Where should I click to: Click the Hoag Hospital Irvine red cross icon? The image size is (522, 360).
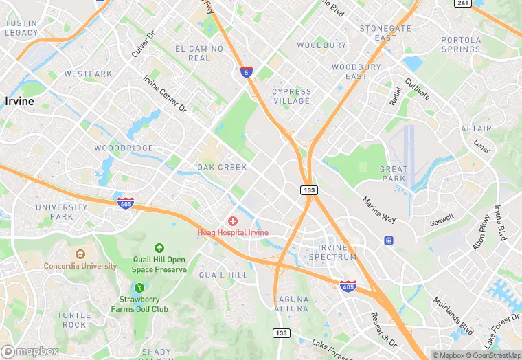tap(233, 221)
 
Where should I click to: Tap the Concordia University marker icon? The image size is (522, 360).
tap(80, 255)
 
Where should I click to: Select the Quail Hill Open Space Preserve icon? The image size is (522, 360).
tap(159, 248)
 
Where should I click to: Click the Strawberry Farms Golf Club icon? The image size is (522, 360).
tap(139, 288)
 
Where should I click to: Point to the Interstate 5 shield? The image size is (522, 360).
tap(247, 71)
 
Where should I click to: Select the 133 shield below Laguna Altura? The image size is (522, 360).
tap(281, 333)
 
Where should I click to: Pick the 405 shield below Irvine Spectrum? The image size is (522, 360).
tap(348, 284)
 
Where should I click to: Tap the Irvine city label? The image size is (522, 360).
tap(19, 101)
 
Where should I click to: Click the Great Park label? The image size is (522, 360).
tap(394, 174)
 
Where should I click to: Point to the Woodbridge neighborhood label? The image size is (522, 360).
tap(124, 148)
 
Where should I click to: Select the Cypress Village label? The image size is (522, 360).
tap(291, 96)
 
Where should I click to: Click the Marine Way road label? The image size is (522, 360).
tap(379, 210)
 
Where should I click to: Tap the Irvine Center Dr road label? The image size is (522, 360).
tap(164, 94)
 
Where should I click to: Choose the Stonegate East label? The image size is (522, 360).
tap(385, 33)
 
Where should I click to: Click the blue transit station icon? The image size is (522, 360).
tap(389, 240)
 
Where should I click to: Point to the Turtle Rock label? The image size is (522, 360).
tap(72, 320)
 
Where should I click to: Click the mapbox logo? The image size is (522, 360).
tap(30, 351)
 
